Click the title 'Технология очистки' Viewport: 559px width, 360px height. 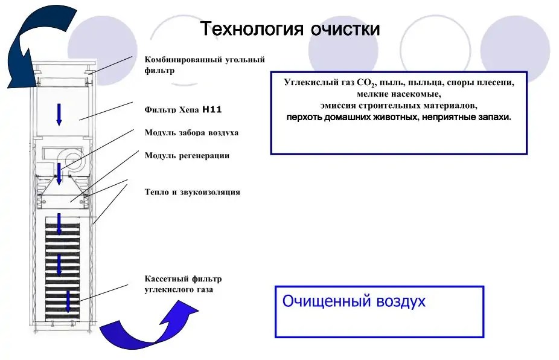(x=290, y=28)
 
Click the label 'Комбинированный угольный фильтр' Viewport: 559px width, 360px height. (x=204, y=65)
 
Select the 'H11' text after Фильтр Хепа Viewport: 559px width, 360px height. (x=212, y=110)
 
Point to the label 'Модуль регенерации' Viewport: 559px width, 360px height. (x=187, y=155)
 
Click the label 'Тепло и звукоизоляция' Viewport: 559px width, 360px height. (x=192, y=192)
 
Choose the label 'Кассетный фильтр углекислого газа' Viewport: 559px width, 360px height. (x=183, y=284)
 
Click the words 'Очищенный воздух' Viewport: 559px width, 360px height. (x=354, y=301)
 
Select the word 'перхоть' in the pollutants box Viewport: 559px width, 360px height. (x=305, y=117)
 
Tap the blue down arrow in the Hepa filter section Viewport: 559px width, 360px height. (x=59, y=114)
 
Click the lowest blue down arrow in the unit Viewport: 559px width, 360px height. (x=68, y=301)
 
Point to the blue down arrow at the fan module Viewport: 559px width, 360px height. (x=59, y=174)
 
